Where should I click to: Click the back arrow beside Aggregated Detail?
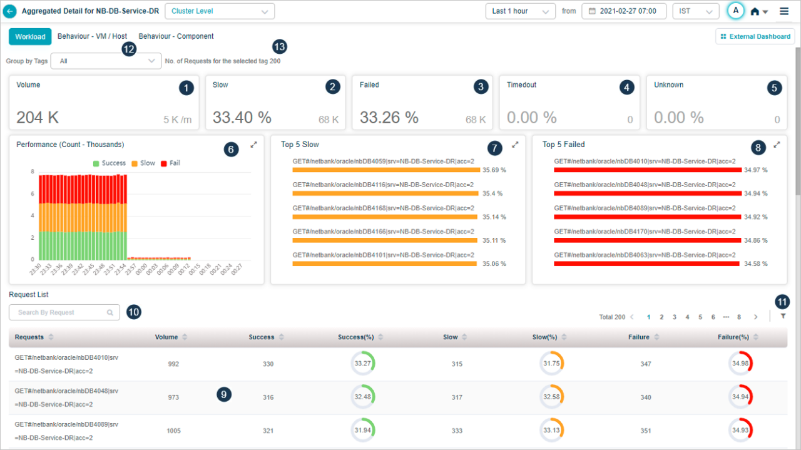click(10, 11)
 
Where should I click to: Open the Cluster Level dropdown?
click(220, 11)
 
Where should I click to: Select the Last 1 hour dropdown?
click(520, 11)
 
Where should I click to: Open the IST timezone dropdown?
click(695, 11)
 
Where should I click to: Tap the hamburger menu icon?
click(784, 11)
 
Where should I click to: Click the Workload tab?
click(30, 37)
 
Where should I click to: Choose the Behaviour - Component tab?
click(176, 36)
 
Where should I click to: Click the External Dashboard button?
click(755, 36)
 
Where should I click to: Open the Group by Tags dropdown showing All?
click(106, 61)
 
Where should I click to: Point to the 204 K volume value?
click(38, 117)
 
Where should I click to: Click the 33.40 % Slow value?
click(242, 117)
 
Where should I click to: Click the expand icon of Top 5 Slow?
click(515, 145)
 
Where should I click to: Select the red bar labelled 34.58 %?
click(646, 264)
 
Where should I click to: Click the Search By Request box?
click(64, 312)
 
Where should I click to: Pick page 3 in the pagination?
click(675, 317)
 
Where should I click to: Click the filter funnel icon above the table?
click(782, 317)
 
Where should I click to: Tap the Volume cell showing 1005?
click(173, 431)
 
